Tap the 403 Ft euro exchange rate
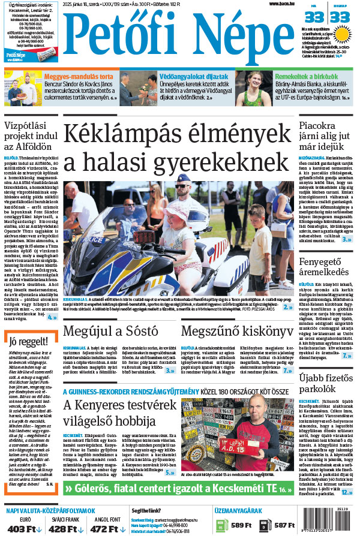[23, 529]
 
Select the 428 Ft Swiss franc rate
[63, 529]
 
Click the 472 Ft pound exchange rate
[105, 529]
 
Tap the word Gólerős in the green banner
[95, 489]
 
